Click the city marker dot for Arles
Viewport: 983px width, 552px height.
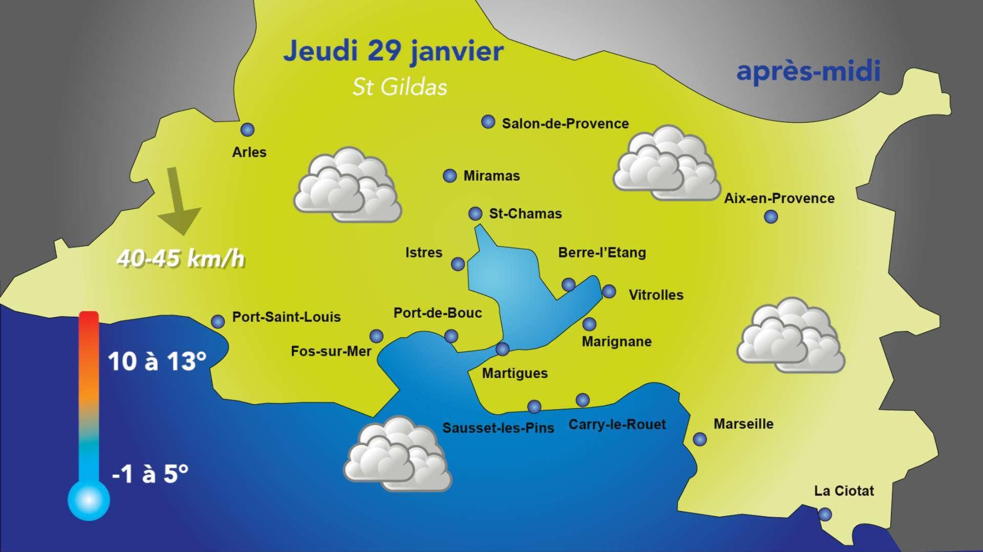[x=248, y=130]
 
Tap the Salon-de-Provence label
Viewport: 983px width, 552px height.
[x=565, y=124]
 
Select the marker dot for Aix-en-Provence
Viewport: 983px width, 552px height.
[x=771, y=217]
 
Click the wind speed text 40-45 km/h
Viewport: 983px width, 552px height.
[x=181, y=259]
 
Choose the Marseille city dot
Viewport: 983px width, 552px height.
[x=699, y=439]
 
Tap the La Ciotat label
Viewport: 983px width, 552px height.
[x=844, y=491]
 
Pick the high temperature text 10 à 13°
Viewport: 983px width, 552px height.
[x=157, y=362]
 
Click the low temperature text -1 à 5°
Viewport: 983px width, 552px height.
[x=149, y=474]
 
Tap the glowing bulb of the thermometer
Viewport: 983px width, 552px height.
[x=89, y=499]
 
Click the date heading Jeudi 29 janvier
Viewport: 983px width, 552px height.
[x=393, y=52]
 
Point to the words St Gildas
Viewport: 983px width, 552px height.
[x=400, y=87]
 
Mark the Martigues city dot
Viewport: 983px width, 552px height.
[x=503, y=349]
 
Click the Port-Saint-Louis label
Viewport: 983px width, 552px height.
[x=286, y=317]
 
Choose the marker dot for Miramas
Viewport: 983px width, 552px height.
[x=450, y=176]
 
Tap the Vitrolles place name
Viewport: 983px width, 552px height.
[x=656, y=295]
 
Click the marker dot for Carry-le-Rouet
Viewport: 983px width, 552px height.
[x=583, y=400]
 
